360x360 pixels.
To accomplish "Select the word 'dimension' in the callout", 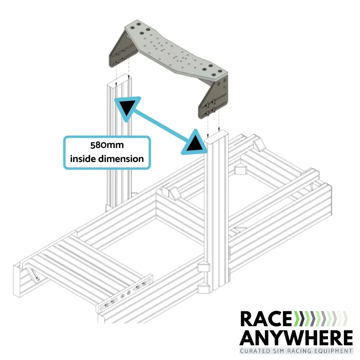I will point(123,158).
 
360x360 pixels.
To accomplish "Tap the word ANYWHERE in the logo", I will point(296,337).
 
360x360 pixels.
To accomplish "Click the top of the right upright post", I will point(216,135).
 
